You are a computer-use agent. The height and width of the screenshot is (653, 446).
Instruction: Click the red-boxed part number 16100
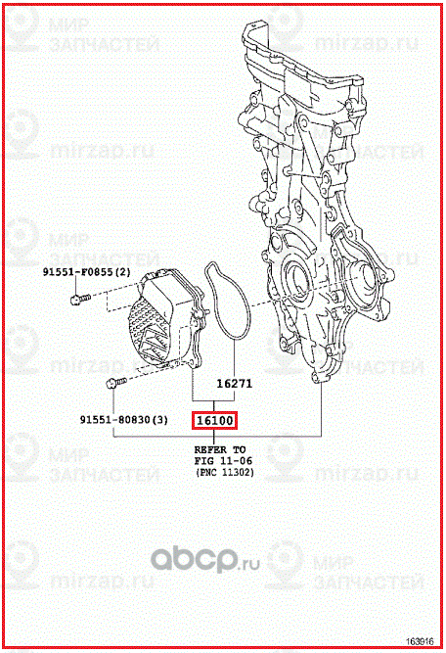(214, 421)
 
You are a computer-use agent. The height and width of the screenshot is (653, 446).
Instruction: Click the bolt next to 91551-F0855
(77, 301)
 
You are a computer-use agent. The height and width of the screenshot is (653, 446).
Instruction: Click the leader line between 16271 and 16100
(214, 403)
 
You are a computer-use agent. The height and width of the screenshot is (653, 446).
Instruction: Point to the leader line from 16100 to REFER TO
(214, 437)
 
